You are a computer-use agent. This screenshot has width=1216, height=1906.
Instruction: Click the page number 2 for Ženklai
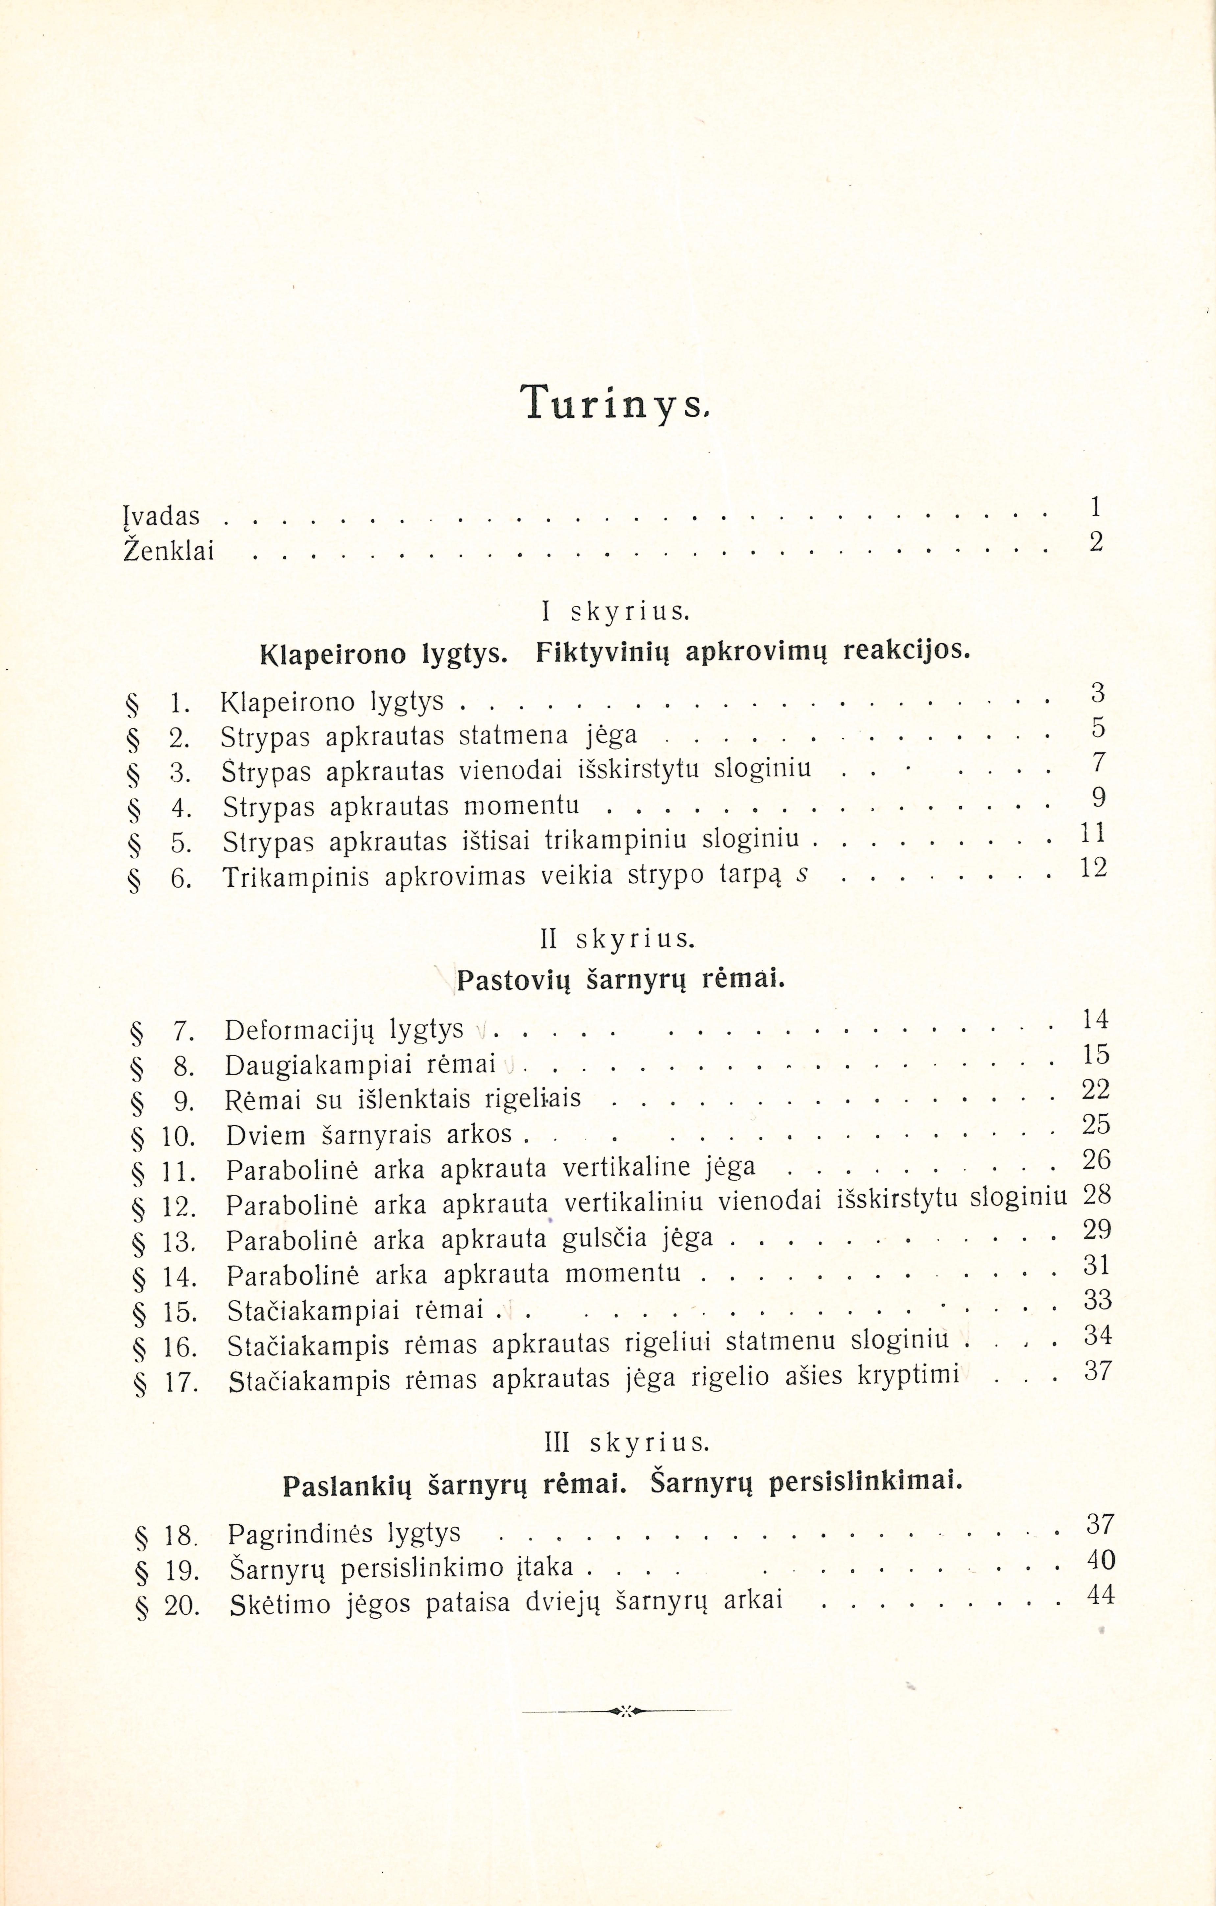tap(1096, 541)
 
